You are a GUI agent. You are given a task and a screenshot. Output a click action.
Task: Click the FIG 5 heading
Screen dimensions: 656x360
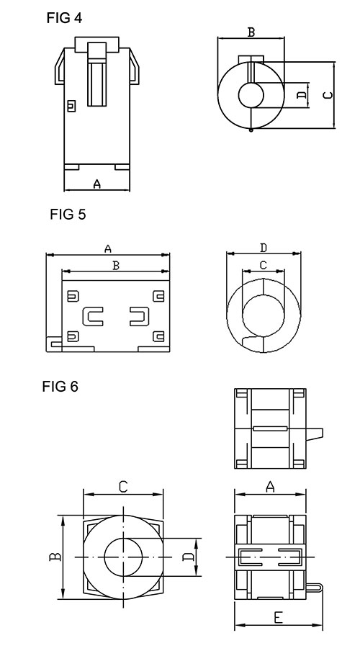68,214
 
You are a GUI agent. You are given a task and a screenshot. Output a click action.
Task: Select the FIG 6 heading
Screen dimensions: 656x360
60,387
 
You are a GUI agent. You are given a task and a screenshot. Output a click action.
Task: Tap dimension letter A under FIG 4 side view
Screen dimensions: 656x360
97,184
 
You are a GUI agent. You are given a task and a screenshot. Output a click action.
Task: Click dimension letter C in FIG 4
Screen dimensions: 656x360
327,95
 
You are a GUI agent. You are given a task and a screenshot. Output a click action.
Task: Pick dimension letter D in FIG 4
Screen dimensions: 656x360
301,94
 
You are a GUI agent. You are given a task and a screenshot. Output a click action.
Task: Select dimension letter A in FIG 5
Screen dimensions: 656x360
107,248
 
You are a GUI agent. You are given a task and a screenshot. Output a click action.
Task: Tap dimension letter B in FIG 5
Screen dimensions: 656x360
115,266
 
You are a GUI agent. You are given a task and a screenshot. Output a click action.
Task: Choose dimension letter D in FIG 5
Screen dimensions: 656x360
264,248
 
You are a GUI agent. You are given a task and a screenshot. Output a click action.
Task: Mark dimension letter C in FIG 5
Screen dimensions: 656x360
263,265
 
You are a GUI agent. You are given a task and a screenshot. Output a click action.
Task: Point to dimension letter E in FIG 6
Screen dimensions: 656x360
278,616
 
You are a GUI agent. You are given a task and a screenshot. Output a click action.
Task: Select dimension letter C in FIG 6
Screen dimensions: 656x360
123,487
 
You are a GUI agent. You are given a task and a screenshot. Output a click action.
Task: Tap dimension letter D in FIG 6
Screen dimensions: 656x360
188,557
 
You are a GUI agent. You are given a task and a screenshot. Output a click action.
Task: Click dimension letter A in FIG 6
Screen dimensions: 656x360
271,487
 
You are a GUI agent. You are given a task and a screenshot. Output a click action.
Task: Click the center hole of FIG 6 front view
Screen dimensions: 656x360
124,557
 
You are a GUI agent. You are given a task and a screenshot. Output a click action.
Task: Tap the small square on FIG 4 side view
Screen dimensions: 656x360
71,107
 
